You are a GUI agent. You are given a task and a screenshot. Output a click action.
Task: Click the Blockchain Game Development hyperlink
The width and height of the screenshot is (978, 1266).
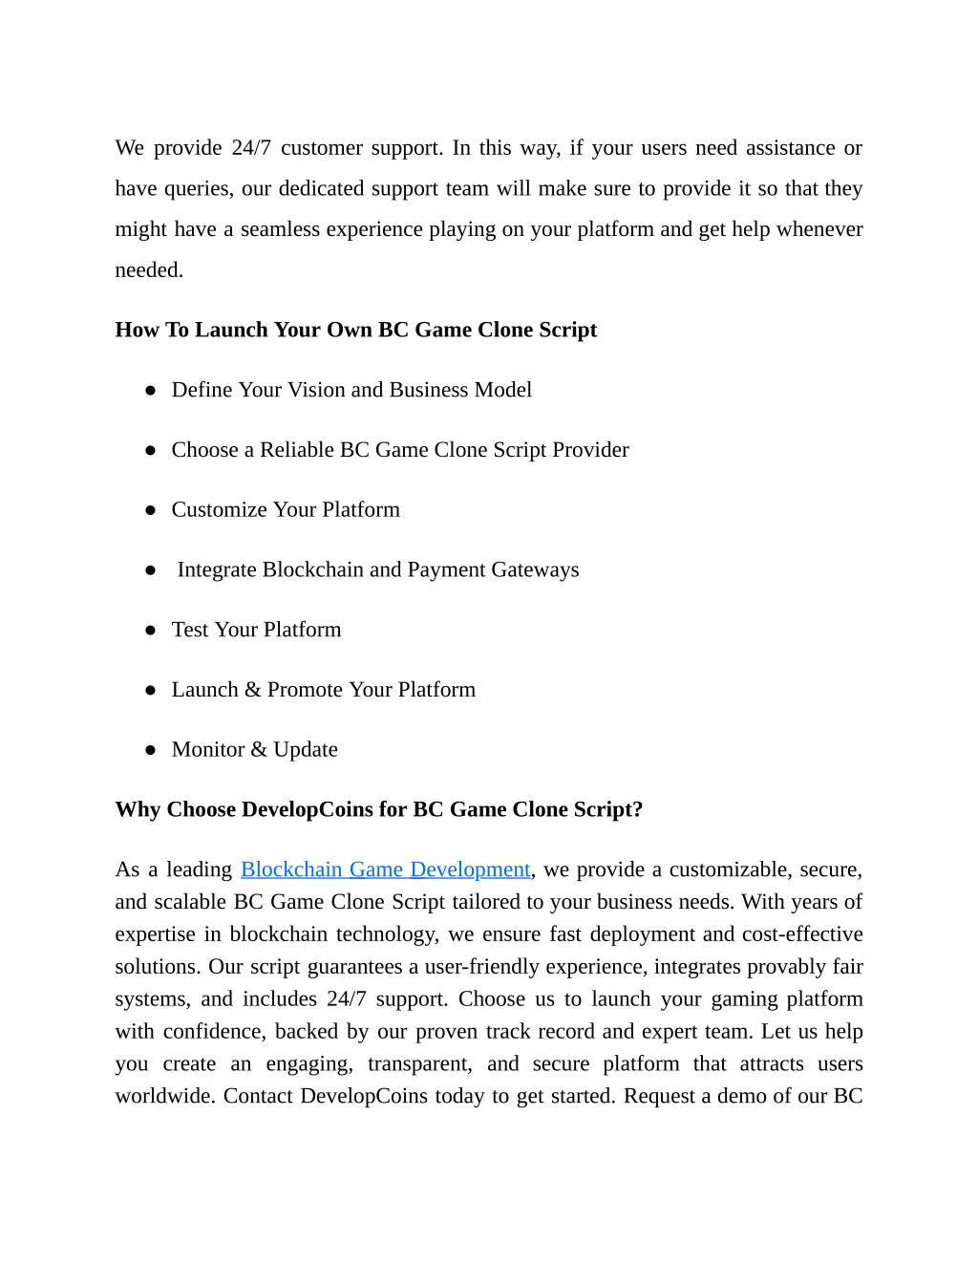click(385, 869)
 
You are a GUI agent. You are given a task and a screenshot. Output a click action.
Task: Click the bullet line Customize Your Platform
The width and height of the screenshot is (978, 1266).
click(286, 510)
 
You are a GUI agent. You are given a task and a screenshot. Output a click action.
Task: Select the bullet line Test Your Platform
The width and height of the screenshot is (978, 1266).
click(256, 630)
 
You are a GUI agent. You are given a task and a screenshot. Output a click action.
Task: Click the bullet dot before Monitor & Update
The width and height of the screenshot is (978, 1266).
click(150, 751)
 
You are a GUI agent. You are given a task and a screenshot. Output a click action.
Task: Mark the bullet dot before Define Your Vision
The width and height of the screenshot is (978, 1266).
click(150, 391)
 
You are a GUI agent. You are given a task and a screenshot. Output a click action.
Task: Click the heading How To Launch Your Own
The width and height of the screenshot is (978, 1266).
click(355, 330)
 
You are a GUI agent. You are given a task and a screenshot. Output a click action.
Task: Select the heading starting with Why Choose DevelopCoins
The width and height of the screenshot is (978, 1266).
click(378, 809)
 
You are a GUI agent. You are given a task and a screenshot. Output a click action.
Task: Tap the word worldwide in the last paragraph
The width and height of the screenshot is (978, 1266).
click(165, 1096)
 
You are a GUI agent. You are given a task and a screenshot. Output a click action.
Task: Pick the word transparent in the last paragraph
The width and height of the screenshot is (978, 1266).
click(419, 1064)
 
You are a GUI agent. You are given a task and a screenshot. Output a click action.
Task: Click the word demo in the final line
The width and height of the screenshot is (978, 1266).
click(741, 1096)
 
